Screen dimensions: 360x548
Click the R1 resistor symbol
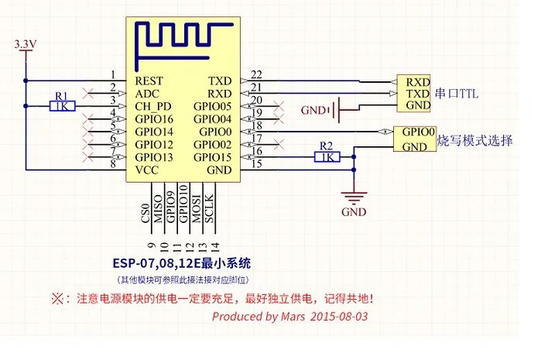(x=63, y=107)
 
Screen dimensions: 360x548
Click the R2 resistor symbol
(x=326, y=157)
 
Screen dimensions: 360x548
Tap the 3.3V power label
(x=26, y=46)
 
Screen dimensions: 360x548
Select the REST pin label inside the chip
(x=149, y=80)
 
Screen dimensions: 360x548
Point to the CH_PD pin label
(x=152, y=106)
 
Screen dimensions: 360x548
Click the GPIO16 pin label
(x=154, y=118)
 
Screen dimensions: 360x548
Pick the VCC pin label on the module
(x=146, y=170)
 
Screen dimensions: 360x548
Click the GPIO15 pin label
(x=213, y=157)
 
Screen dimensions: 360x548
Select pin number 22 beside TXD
(x=256, y=74)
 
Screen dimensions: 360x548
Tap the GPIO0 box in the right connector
(x=417, y=132)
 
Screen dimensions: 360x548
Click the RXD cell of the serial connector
(x=418, y=81)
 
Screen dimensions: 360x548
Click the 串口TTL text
(x=457, y=94)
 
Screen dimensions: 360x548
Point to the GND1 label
(x=314, y=111)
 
